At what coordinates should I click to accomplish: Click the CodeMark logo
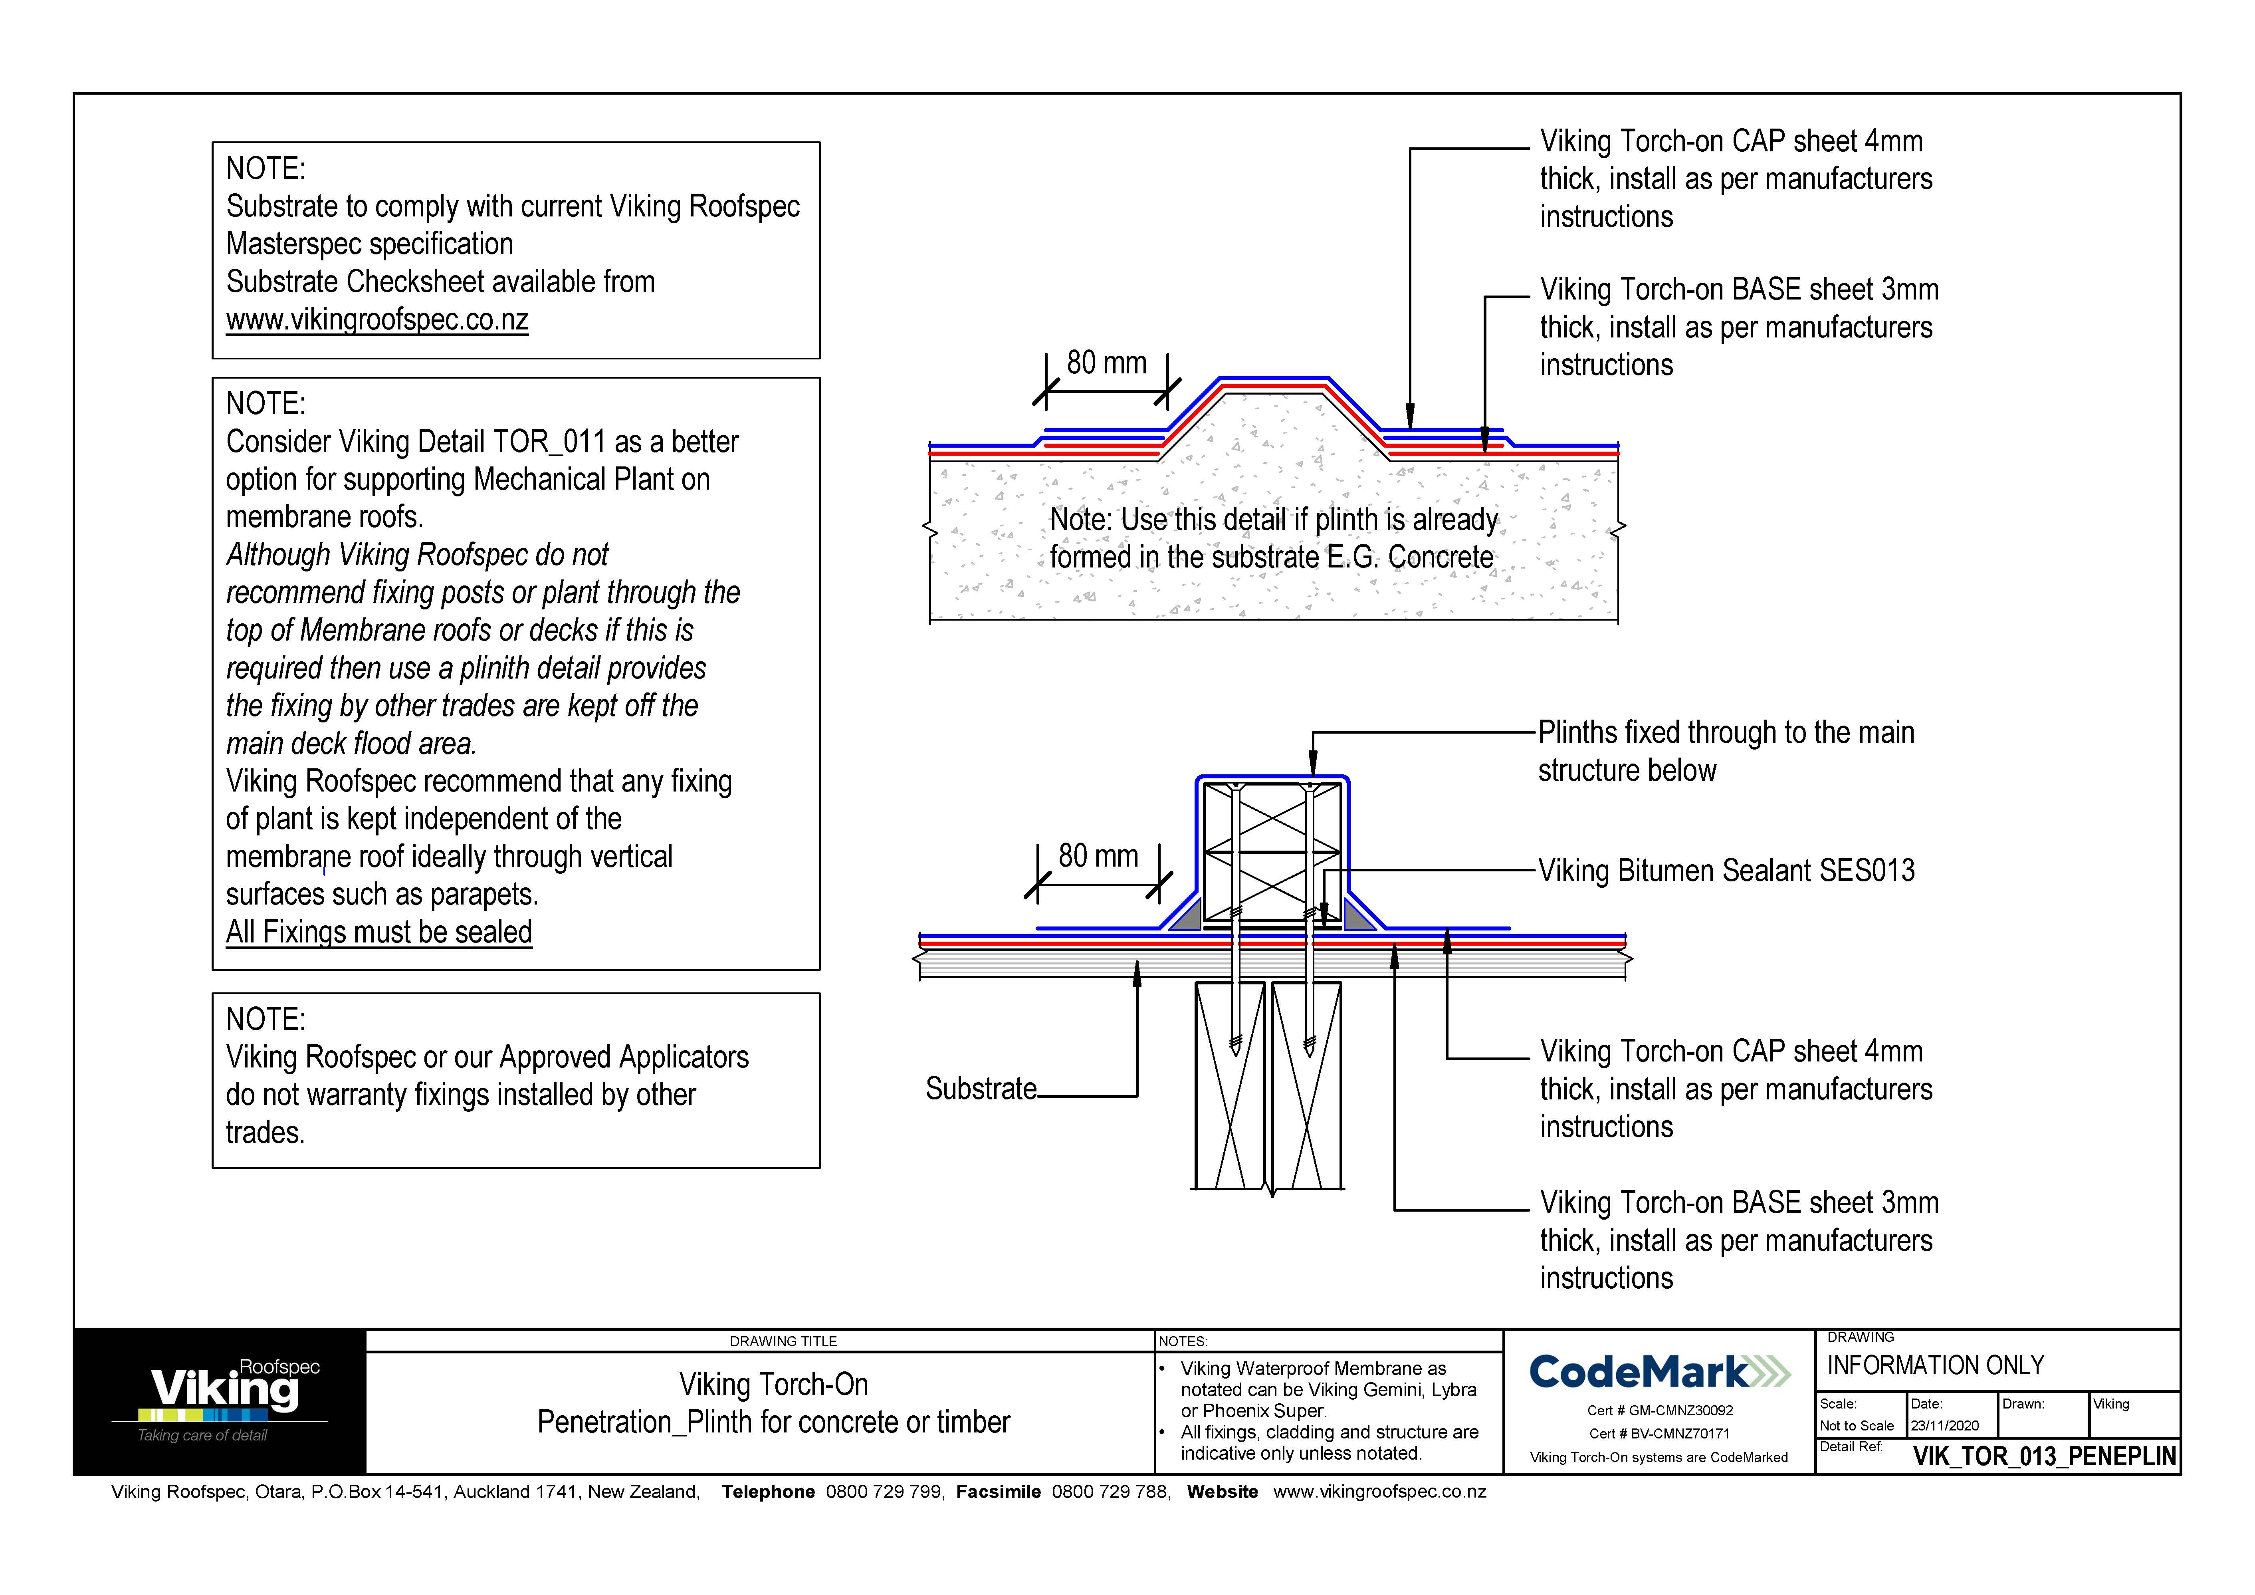(x=1659, y=1371)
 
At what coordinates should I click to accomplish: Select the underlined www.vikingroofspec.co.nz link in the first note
(x=377, y=320)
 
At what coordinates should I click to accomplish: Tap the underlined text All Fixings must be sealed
(x=379, y=932)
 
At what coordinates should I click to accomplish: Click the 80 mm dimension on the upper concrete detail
(x=1106, y=363)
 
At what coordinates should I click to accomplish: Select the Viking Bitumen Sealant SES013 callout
(x=1726, y=871)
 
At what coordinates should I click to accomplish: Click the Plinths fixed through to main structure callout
(x=1726, y=751)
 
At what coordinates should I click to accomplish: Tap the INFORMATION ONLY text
(x=1935, y=1365)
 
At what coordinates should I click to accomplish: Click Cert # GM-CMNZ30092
(x=1659, y=1411)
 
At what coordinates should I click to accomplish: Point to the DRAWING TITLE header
(x=783, y=1341)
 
